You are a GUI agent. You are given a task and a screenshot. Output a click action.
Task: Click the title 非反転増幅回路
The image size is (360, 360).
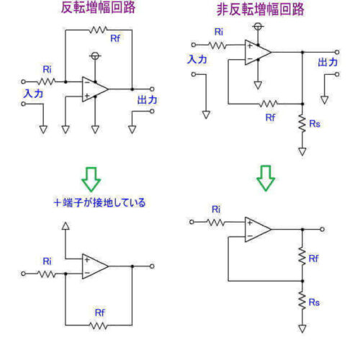[x=260, y=10]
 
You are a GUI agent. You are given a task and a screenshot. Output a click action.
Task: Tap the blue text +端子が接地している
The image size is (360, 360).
[x=102, y=202]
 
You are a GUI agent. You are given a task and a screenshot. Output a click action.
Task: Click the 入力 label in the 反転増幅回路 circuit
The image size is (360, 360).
[x=33, y=92]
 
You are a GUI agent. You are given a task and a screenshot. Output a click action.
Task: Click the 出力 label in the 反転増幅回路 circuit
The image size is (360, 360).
[x=146, y=99]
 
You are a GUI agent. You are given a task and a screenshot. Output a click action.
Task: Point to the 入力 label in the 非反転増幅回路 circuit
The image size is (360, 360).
[x=197, y=60]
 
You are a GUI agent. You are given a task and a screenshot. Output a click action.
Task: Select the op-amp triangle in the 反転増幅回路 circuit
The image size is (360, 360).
[x=94, y=89]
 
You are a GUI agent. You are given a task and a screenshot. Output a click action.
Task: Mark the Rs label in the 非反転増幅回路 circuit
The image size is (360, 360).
[x=315, y=125]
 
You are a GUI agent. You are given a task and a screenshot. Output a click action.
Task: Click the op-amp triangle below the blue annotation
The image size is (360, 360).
[x=94, y=266]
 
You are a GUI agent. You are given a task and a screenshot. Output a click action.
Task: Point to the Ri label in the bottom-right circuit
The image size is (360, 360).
[x=215, y=210]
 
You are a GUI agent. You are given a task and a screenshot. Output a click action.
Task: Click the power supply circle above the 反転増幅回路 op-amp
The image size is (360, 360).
[x=94, y=56]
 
